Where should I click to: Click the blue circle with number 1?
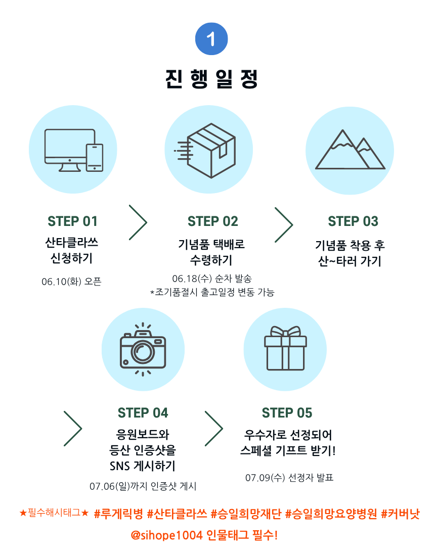coord(211,39)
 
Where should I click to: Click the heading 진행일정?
coord(211,78)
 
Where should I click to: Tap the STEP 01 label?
coord(72,221)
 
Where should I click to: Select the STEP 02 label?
coord(212,221)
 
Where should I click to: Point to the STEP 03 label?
coord(353,221)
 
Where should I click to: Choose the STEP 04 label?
coord(143,413)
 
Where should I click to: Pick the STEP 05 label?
coord(287,413)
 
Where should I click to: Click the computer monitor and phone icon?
coord(74,150)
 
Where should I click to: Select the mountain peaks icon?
coord(350,150)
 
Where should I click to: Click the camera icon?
coord(143,348)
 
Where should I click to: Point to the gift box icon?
coord(285,348)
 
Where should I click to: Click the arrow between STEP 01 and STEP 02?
coord(138,222)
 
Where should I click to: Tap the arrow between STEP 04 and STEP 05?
coord(213,429)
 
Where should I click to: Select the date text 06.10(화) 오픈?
coord(71,282)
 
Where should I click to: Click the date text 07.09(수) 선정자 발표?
coord(289,478)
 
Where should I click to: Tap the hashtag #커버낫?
coord(400,515)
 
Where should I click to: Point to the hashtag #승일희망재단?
coord(246,515)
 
